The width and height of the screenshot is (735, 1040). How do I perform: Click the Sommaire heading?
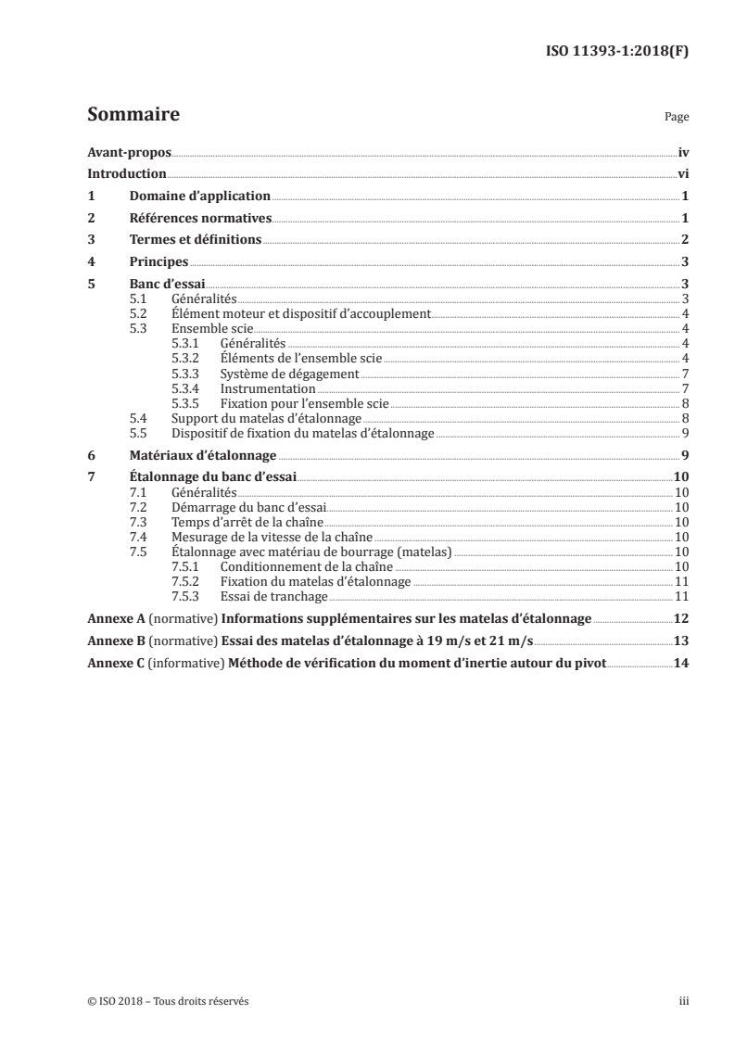tap(133, 116)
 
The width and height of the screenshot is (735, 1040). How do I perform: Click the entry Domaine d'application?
tap(199, 196)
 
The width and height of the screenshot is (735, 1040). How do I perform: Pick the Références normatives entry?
tap(199, 218)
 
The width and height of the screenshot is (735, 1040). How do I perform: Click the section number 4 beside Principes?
tap(91, 261)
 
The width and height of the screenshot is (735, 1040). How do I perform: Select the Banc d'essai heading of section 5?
tap(166, 284)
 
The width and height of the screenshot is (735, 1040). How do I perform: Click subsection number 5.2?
tap(138, 312)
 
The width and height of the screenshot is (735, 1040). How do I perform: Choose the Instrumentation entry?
tap(268, 388)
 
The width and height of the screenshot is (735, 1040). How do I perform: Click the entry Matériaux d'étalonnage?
tap(203, 455)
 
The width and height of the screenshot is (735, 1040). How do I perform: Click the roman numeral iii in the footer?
tap(684, 1001)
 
